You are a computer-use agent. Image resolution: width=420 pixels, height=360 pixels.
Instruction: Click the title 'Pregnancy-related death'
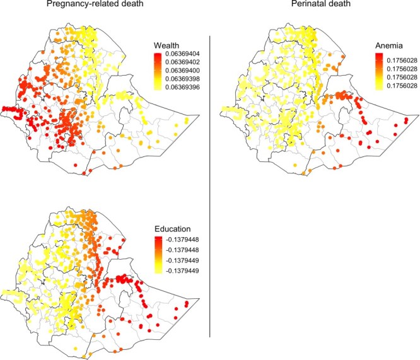[95, 4]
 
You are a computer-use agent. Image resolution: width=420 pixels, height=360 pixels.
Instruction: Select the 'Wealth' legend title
[166, 45]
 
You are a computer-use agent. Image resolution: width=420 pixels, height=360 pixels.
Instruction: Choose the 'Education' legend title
[173, 229]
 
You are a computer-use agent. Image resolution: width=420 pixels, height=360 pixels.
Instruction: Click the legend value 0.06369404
[182, 54]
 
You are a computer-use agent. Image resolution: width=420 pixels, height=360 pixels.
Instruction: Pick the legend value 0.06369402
[182, 62]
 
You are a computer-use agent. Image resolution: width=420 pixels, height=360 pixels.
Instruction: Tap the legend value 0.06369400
[182, 71]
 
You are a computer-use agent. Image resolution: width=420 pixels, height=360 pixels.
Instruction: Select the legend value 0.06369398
[182, 79]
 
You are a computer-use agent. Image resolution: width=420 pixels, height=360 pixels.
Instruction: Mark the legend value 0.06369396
[182, 87]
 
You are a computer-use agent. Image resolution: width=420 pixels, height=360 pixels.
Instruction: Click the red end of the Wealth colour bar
[158, 55]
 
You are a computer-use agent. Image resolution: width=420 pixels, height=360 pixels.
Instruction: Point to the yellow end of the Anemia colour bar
[379, 88]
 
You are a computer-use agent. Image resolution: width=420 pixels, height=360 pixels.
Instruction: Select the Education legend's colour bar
[158, 255]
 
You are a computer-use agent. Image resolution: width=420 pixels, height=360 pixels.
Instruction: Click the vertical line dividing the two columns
[210, 186]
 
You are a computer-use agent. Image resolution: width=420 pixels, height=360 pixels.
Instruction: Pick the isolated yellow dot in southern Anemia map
[295, 165]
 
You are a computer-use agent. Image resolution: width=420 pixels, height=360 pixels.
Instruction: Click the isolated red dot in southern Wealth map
[75, 165]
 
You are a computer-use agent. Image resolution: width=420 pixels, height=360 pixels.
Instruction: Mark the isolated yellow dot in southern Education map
[75, 348]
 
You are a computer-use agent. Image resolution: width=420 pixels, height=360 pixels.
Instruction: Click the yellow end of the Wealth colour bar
[158, 88]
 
